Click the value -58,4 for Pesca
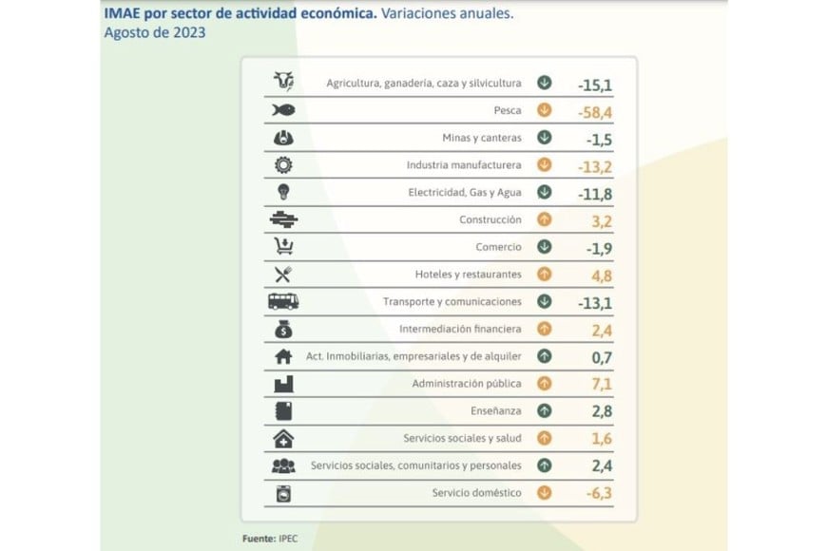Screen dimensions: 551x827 pyautogui.click(x=594, y=111)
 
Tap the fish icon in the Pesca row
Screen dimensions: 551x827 pyautogui.click(x=283, y=110)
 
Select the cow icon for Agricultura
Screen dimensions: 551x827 pyautogui.click(x=283, y=83)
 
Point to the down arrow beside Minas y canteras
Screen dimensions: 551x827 pyautogui.click(x=545, y=138)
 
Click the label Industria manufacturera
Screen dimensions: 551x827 pyautogui.click(x=464, y=165)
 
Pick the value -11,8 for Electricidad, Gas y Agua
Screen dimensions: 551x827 pyautogui.click(x=594, y=193)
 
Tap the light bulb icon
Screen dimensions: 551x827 pyautogui.click(x=283, y=192)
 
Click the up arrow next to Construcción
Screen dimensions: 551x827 pyautogui.click(x=545, y=219)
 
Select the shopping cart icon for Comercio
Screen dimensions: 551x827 pyautogui.click(x=283, y=247)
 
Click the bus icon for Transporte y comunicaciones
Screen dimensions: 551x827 pyautogui.click(x=283, y=302)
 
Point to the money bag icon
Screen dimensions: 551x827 pyautogui.click(x=283, y=330)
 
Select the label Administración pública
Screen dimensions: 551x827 pyautogui.click(x=466, y=384)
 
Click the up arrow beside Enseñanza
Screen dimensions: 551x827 pyautogui.click(x=545, y=411)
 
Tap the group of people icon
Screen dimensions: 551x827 pyautogui.click(x=283, y=466)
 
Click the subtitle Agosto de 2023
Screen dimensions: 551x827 pyautogui.click(x=154, y=33)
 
